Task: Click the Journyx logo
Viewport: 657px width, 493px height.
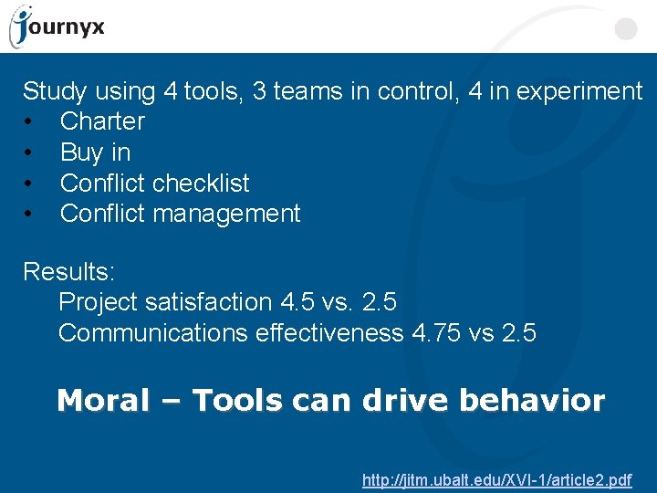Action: tap(57, 26)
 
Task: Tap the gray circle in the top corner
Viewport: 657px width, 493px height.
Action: tap(625, 29)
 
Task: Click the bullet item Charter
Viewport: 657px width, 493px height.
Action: tap(102, 121)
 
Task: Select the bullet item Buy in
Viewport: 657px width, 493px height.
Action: tap(95, 152)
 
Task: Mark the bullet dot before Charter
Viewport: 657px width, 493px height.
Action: tap(29, 122)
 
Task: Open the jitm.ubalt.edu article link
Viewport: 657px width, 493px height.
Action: tap(496, 479)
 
